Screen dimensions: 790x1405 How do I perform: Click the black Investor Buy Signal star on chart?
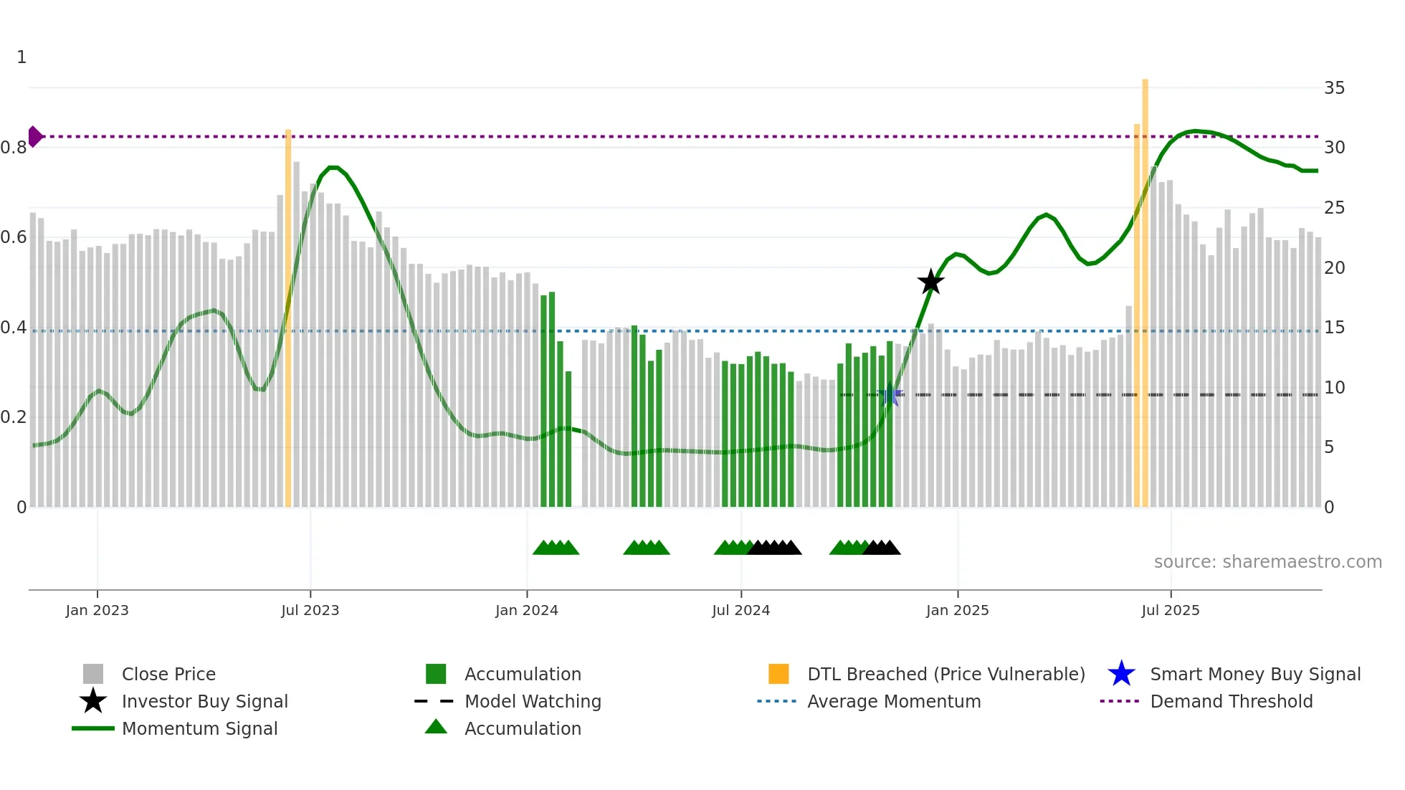(x=930, y=282)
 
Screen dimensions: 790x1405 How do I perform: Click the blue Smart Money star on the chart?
(x=890, y=394)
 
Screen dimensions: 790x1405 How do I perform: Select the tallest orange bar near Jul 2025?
(x=1145, y=287)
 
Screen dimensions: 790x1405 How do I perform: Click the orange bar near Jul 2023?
(x=288, y=315)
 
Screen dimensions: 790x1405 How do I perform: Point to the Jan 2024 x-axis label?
(x=526, y=610)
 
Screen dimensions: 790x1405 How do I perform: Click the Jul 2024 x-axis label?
(x=740, y=610)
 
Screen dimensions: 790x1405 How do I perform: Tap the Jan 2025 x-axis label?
(x=957, y=610)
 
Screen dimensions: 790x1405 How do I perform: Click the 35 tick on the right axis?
(x=1334, y=88)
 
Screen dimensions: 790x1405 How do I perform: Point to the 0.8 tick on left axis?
(x=14, y=148)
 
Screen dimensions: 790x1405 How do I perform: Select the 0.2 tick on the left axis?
(x=14, y=417)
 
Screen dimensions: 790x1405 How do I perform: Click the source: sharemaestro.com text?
(x=1267, y=562)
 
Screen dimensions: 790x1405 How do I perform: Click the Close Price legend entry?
(x=168, y=674)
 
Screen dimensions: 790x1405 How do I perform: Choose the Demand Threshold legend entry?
(x=1231, y=701)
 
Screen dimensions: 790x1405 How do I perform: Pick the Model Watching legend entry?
(x=533, y=701)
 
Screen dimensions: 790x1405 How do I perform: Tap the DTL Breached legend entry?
(x=946, y=674)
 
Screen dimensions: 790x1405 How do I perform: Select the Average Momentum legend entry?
(x=894, y=701)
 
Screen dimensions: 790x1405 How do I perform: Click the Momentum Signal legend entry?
(x=199, y=728)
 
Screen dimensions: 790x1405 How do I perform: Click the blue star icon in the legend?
(x=1121, y=674)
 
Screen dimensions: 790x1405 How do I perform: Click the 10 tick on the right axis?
(x=1334, y=388)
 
